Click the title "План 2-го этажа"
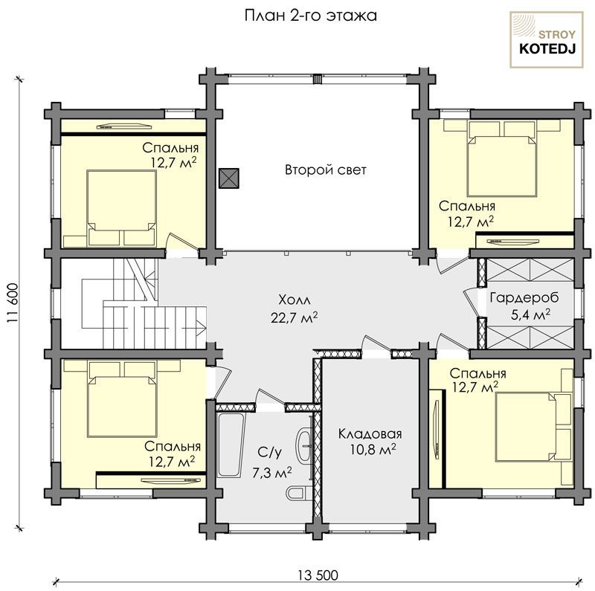(x=310, y=16)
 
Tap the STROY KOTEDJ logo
(x=547, y=40)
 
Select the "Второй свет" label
(x=326, y=169)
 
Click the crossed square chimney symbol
(x=229, y=178)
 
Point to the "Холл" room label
(x=295, y=300)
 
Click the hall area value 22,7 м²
(x=294, y=317)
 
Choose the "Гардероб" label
(x=524, y=298)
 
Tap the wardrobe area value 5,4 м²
(x=530, y=314)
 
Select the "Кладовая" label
(x=370, y=433)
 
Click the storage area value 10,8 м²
(x=373, y=450)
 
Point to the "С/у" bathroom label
(x=270, y=453)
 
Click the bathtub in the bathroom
(x=231, y=445)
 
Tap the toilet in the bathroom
(x=297, y=493)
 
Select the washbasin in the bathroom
(x=304, y=445)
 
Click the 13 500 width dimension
(x=318, y=575)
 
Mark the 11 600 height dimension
(x=13, y=303)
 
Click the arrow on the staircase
(x=201, y=326)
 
